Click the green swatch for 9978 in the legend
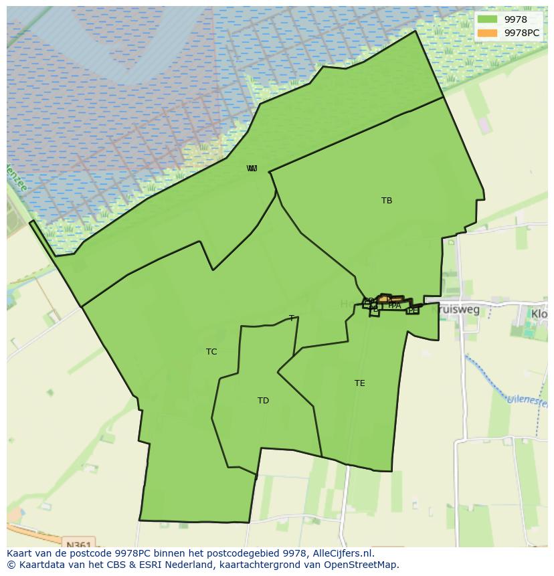tap(488, 19)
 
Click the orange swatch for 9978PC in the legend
tap(488, 33)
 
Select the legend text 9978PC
tap(522, 33)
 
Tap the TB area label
tap(387, 201)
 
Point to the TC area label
tap(211, 352)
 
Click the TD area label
tap(263, 401)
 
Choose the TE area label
tap(360, 383)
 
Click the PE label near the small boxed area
tap(413, 310)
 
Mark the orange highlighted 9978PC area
tap(391, 299)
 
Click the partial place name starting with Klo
tap(539, 313)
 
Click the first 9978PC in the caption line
tap(132, 553)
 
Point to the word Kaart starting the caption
tap(20, 553)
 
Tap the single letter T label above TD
tap(291, 318)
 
